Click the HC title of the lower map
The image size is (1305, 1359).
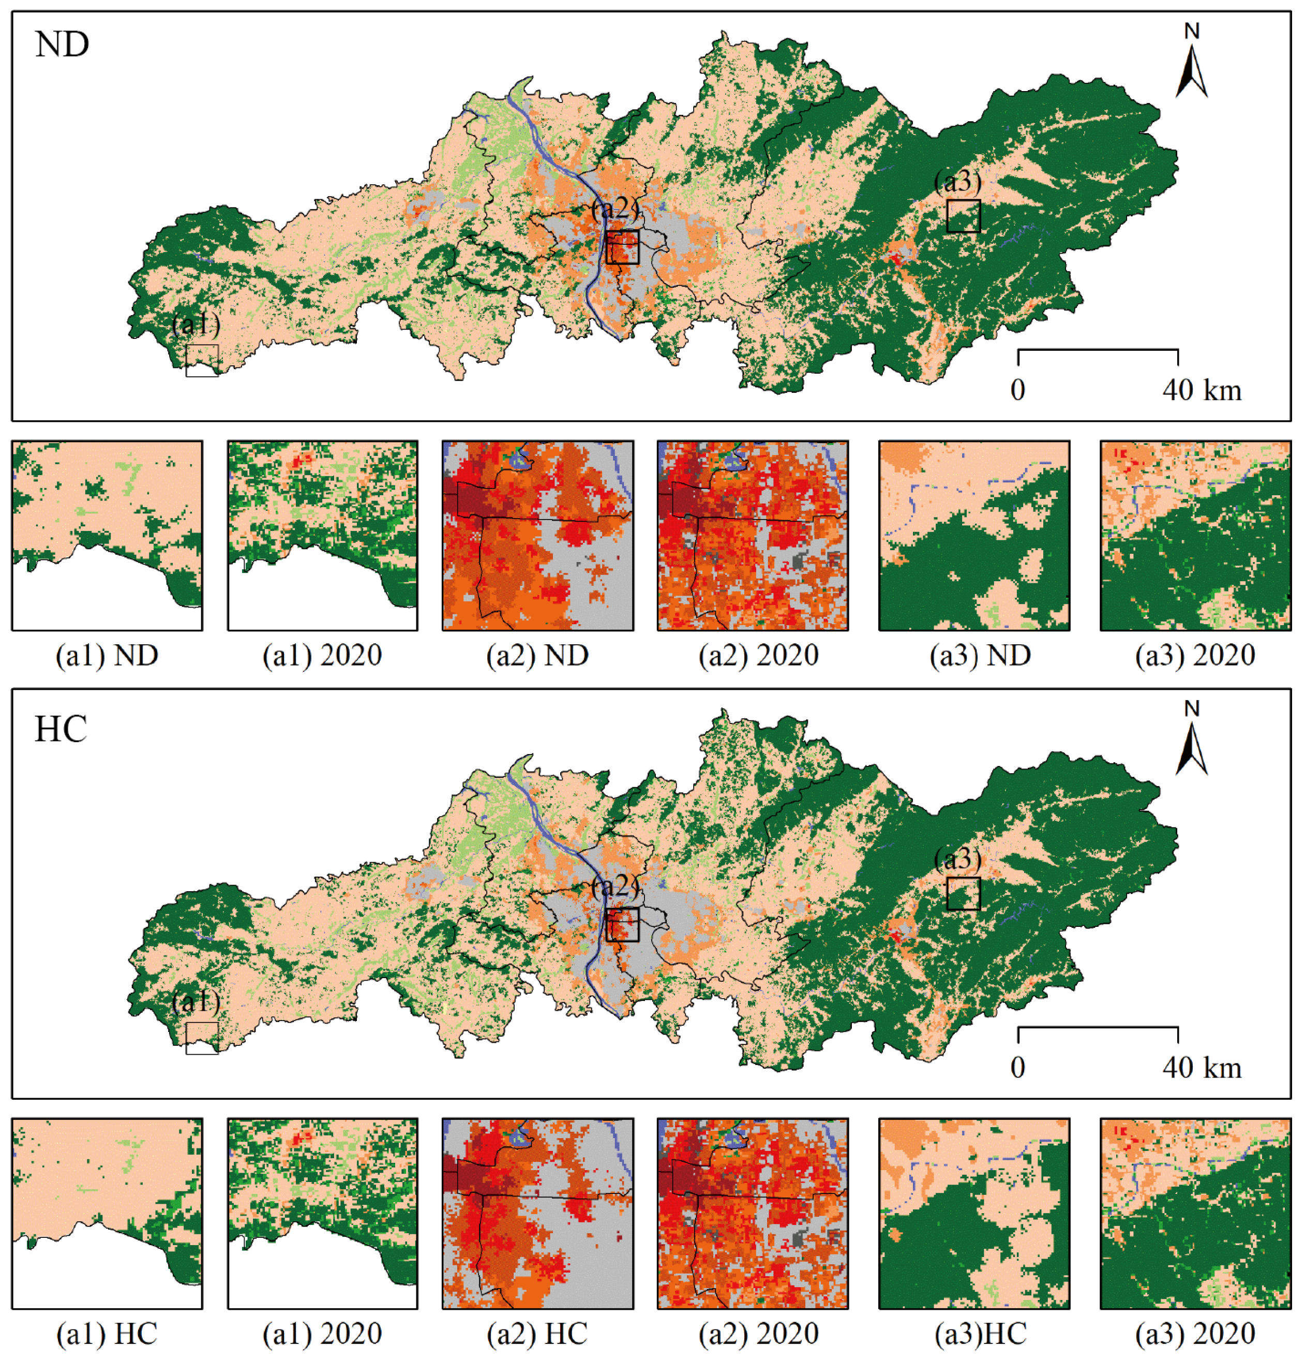coord(61,729)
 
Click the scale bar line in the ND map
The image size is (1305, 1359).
coord(1097,350)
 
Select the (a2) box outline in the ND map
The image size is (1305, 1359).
coord(622,231)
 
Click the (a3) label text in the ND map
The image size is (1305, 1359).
coord(958,182)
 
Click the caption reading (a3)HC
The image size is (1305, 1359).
coord(980,1333)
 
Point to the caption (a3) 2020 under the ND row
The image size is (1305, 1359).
coord(1195,655)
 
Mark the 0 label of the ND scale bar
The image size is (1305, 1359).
coord(1017,390)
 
